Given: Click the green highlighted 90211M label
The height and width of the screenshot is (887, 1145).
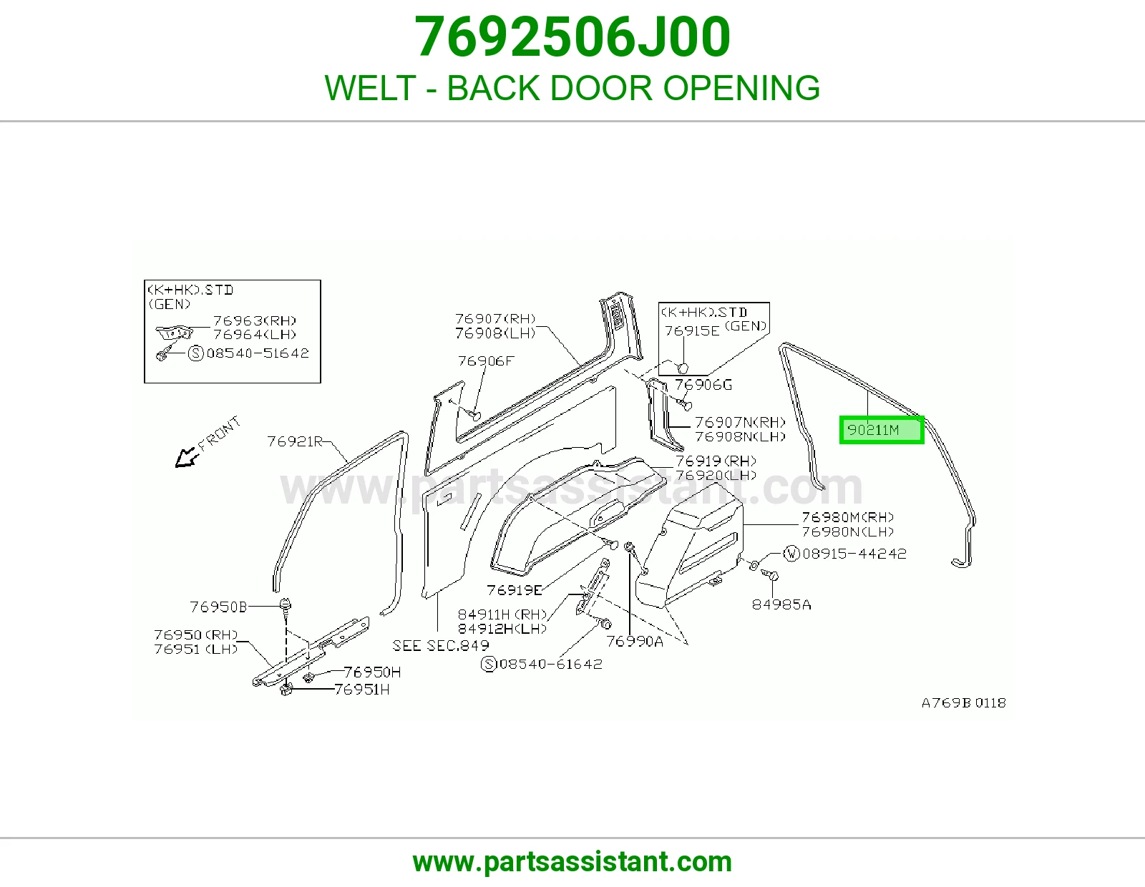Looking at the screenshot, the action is pyautogui.click(x=882, y=430).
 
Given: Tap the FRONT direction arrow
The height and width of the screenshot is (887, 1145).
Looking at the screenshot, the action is pyautogui.click(x=187, y=457).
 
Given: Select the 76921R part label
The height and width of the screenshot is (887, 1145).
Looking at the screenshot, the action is pyautogui.click(x=295, y=441).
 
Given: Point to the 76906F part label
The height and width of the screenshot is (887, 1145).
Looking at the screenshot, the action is pyautogui.click(x=486, y=361).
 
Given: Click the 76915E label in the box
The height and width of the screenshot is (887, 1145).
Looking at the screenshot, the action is pyautogui.click(x=692, y=330).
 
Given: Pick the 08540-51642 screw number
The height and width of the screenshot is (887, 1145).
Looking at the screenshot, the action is pyautogui.click(x=258, y=353).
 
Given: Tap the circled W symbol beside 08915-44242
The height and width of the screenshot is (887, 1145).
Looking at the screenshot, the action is pyautogui.click(x=791, y=554).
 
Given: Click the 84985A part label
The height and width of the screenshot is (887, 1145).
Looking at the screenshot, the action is pyautogui.click(x=781, y=604).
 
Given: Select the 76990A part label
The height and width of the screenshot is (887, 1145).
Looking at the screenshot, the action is pyautogui.click(x=635, y=641).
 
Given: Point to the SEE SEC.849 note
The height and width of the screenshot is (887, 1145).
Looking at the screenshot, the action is pyautogui.click(x=441, y=645).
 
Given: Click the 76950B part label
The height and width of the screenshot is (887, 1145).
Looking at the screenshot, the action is pyautogui.click(x=218, y=607).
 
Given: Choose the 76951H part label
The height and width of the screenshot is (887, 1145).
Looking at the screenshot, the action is pyautogui.click(x=362, y=689).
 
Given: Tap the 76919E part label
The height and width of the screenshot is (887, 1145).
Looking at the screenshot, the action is pyautogui.click(x=515, y=590).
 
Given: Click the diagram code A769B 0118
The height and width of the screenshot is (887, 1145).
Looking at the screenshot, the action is pyautogui.click(x=964, y=702).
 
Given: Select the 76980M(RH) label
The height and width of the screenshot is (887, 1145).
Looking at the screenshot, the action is pyautogui.click(x=848, y=517).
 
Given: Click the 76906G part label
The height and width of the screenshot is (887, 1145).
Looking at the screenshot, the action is pyautogui.click(x=703, y=385).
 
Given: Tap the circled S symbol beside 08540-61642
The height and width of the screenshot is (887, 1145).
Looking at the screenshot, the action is pyautogui.click(x=489, y=664).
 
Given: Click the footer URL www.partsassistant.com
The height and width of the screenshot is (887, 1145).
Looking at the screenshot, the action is pyautogui.click(x=572, y=862).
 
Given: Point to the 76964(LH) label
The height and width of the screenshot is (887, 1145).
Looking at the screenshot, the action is pyautogui.click(x=255, y=334).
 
